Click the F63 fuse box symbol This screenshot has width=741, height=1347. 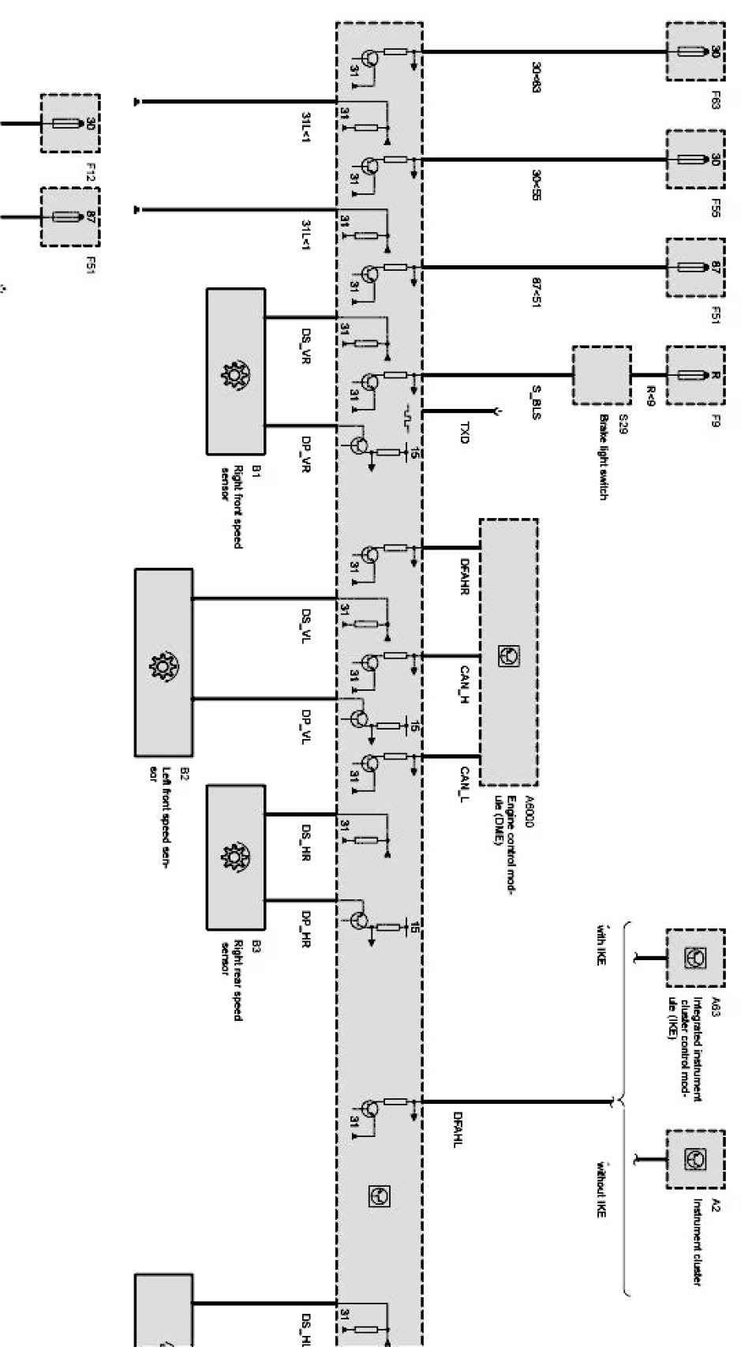coord(694,51)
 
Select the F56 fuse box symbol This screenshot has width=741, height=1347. coord(694,159)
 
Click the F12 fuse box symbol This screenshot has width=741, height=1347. coord(70,123)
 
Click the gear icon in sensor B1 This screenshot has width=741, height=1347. coord(235,371)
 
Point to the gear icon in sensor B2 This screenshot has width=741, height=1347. coord(163,664)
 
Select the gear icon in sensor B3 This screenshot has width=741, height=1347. coord(235,857)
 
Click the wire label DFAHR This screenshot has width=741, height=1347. coord(465,577)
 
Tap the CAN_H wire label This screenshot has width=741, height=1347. coord(465,685)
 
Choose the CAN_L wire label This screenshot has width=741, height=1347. coord(465,784)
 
